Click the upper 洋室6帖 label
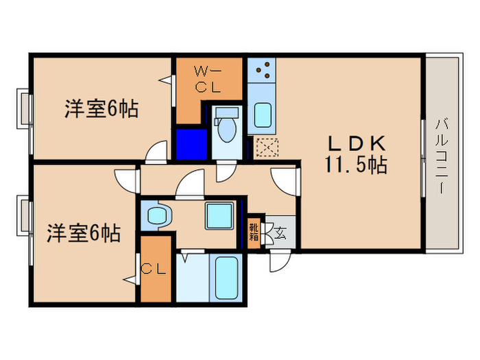[x=101, y=108]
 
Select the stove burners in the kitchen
[x=261, y=69]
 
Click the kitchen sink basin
[x=262, y=114]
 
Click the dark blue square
[x=190, y=144]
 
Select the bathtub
[x=224, y=275]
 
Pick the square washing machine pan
[x=220, y=217]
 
